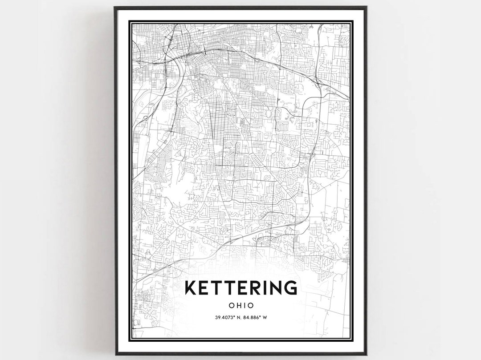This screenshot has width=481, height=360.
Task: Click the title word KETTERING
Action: pyautogui.click(x=240, y=287)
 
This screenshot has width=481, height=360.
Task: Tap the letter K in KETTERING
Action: pyautogui.click(x=190, y=287)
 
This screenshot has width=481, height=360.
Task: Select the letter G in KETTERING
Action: pyautogui.click(x=290, y=287)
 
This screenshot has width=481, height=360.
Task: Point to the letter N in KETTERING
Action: pyautogui.click(x=276, y=287)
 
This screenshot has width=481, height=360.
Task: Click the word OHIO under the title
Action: pyautogui.click(x=240, y=306)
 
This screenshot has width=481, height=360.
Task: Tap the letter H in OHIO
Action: pyautogui.click(x=237, y=306)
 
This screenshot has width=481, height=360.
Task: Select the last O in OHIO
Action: pyautogui.click(x=251, y=306)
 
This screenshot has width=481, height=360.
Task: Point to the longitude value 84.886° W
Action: pyautogui.click(x=255, y=317)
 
